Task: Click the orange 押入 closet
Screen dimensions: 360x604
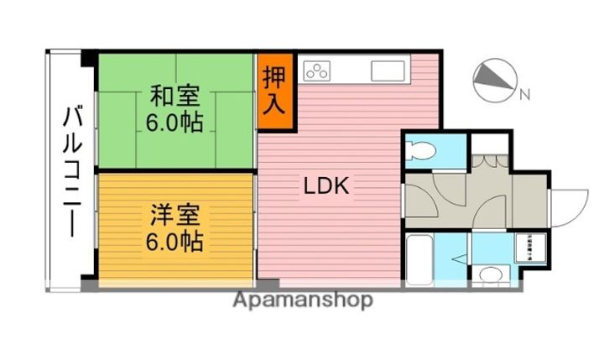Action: (x=275, y=91)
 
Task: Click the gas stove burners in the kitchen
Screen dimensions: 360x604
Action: (x=318, y=70)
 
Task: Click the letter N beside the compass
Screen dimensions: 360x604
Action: (x=524, y=93)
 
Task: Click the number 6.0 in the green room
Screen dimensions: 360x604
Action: (x=162, y=123)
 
